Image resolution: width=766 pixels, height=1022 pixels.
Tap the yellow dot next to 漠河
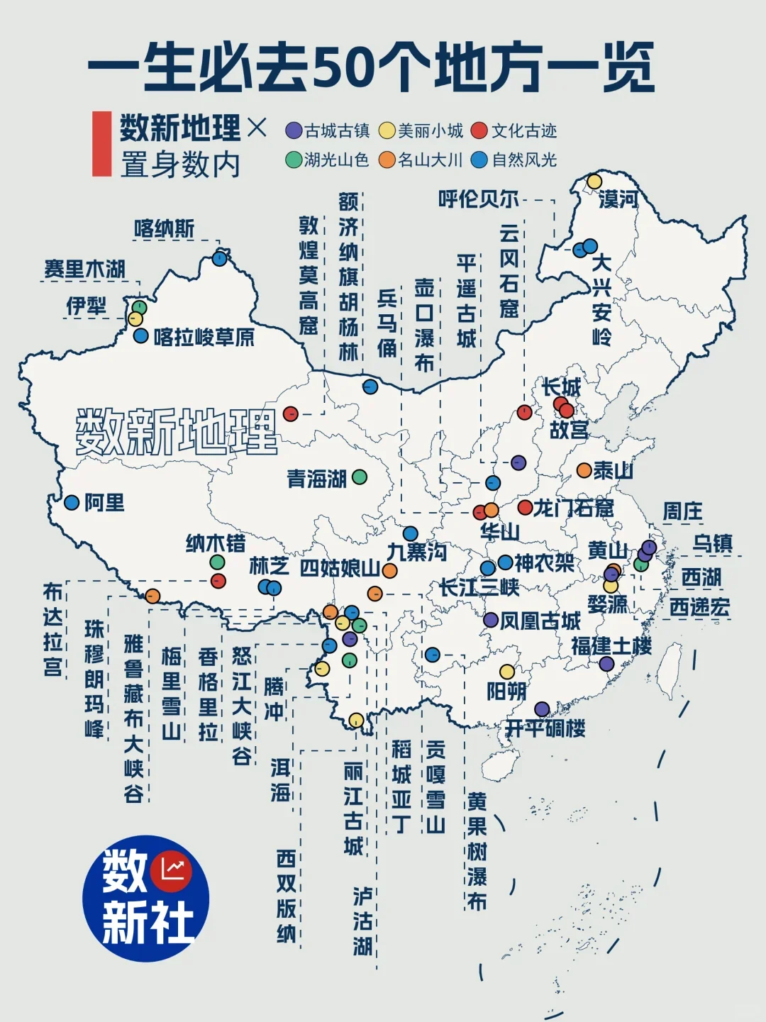tap(594, 182)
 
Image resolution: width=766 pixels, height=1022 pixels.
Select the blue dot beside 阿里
tap(72, 502)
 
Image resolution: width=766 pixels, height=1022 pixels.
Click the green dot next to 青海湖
tap(360, 477)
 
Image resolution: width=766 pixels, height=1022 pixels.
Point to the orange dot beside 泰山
tap(584, 470)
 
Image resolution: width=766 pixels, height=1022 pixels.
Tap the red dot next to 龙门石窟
tap(525, 508)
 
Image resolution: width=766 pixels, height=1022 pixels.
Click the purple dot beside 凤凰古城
tap(491, 620)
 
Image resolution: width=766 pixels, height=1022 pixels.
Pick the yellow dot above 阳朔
tap(507, 671)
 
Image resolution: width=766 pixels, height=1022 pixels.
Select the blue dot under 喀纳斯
tap(220, 259)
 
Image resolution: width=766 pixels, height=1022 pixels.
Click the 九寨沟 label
tap(417, 552)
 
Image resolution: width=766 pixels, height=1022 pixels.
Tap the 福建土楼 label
tap(611, 646)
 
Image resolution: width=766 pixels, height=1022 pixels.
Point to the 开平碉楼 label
tap(545, 728)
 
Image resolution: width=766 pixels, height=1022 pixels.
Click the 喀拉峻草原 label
tap(204, 337)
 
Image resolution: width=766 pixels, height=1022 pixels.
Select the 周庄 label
tap(682, 511)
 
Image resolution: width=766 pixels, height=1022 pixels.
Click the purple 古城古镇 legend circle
tap(294, 130)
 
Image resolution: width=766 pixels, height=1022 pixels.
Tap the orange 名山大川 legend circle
tap(387, 160)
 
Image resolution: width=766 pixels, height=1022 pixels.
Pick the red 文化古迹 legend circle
tap(480, 130)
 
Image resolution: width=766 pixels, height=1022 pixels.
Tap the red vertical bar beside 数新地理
tap(102, 143)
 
